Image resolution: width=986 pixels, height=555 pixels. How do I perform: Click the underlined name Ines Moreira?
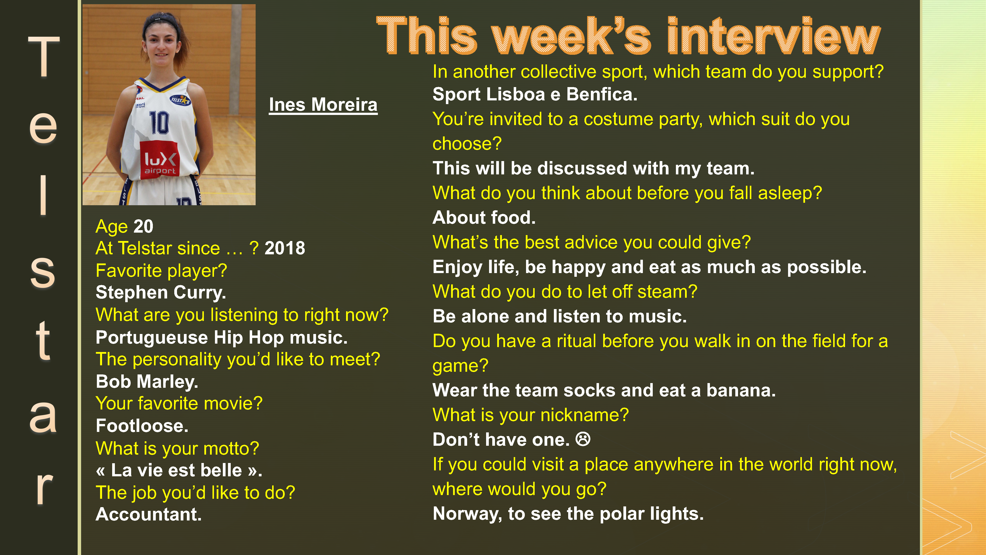tap(323, 105)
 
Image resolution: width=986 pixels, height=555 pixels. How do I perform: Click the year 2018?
tap(285, 248)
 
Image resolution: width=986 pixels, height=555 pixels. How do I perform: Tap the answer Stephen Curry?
tap(161, 293)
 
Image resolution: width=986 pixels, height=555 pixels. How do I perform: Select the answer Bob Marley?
tap(147, 382)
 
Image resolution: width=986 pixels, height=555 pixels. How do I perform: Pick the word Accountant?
tap(148, 514)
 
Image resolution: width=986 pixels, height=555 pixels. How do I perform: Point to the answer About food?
tap(484, 218)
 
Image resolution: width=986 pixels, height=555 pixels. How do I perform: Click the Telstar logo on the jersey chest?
tap(180, 100)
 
